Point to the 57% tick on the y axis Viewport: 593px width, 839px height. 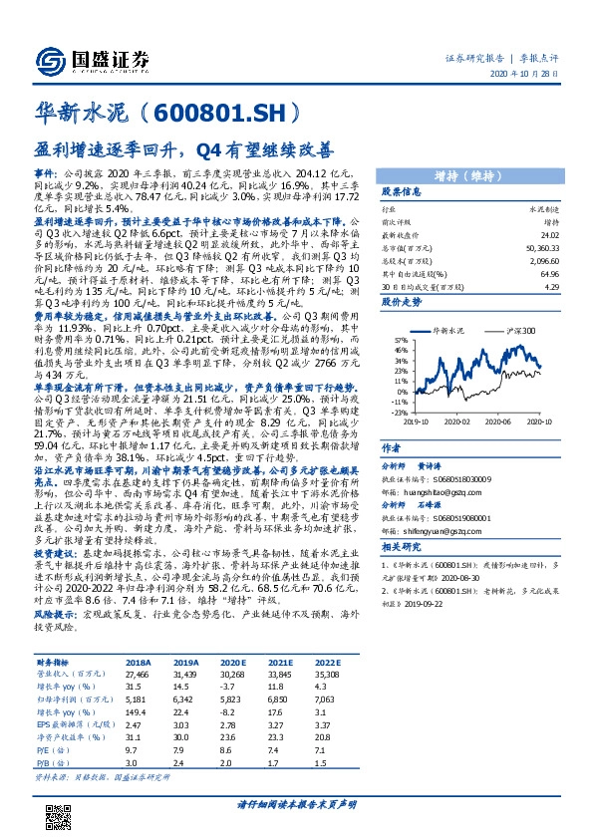pos(399,339)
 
